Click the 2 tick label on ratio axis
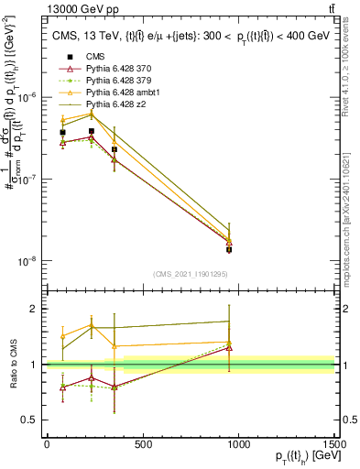click(x=36, y=309)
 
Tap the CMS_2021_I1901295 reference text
click(x=191, y=274)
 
